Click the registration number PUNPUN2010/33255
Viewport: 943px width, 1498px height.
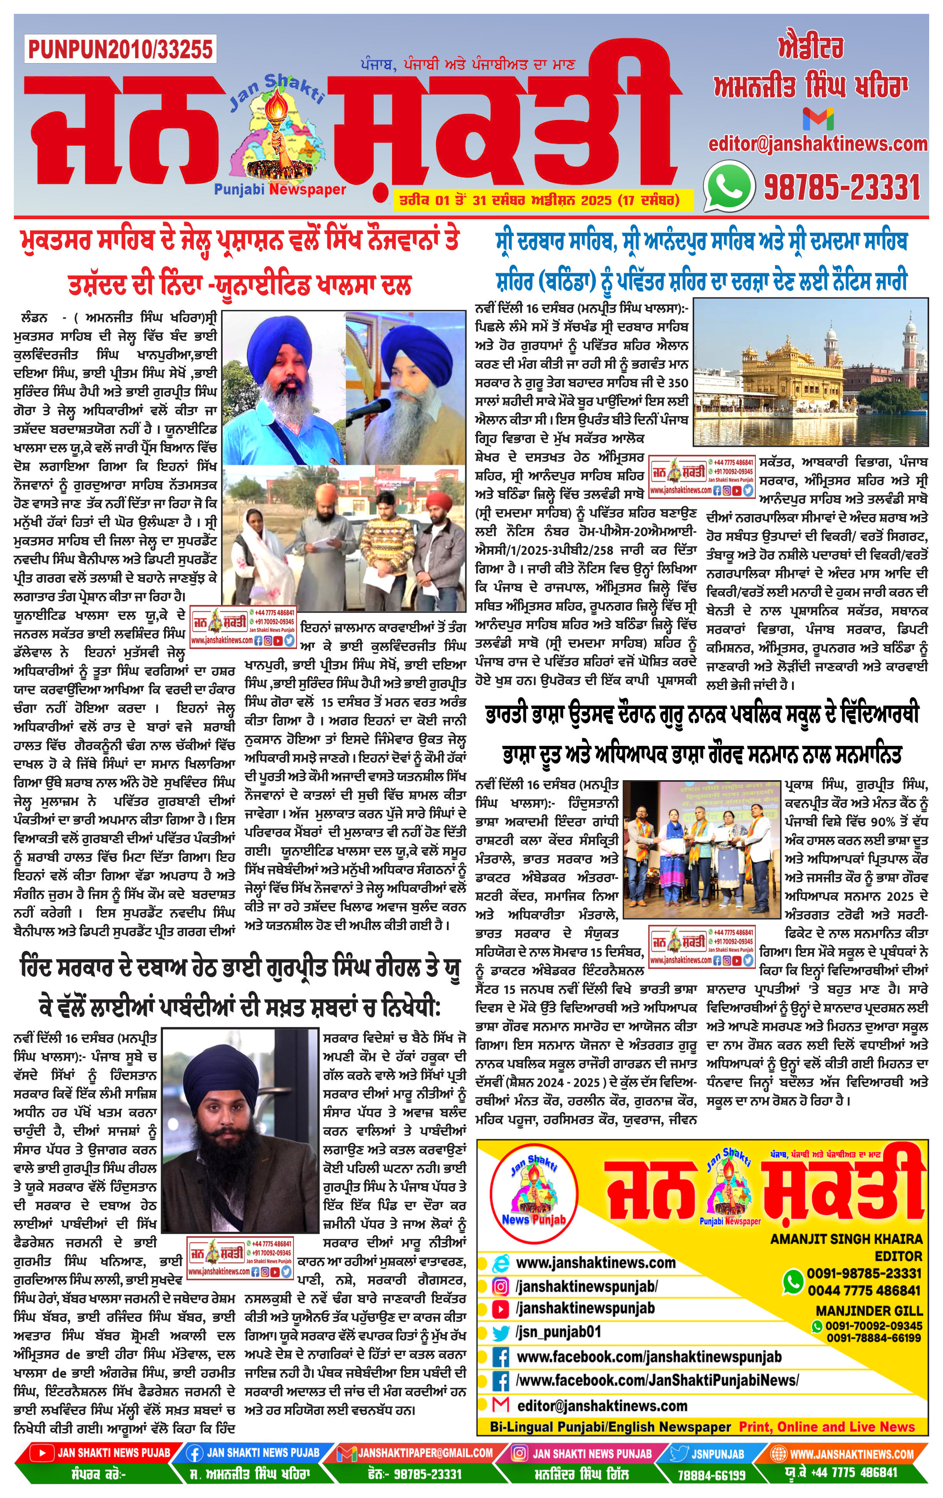[121, 49]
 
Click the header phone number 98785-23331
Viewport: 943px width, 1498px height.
[842, 186]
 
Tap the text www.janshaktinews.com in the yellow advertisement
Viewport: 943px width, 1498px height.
[595, 1263]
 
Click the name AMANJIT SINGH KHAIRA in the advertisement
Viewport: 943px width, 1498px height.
[846, 1239]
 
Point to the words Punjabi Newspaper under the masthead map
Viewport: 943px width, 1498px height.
[280, 189]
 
